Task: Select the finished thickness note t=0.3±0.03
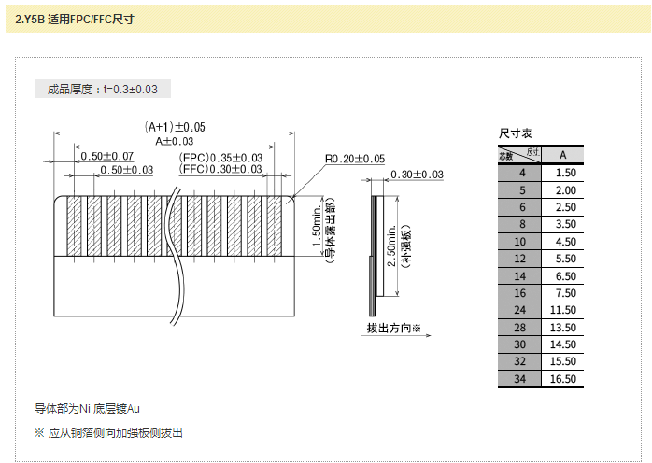pos(103,90)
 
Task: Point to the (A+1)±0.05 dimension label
pos(175,127)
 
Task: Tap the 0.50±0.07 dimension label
pos(106,156)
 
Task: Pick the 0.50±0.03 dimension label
pos(126,170)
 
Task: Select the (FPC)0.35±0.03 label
pos(220,157)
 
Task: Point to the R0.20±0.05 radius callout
pos(355,159)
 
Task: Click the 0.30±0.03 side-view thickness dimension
pos(417,175)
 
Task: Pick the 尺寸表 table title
pos(516,134)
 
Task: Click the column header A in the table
pos(563,154)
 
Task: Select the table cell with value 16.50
pos(563,378)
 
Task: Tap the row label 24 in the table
pos(520,309)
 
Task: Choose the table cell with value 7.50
pos(563,292)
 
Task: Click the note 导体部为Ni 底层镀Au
pos(87,408)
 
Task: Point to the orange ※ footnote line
pos(108,432)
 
